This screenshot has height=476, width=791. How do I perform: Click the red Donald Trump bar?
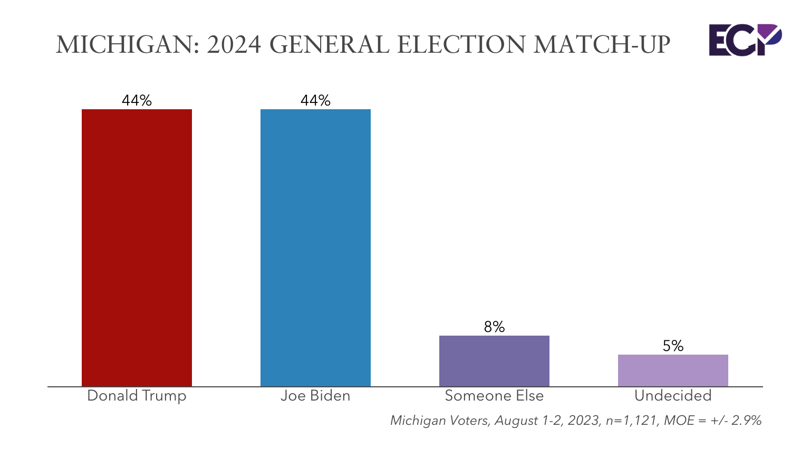click(x=137, y=247)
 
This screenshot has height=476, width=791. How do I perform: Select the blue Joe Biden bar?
click(x=315, y=247)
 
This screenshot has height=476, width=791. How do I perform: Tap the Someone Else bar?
click(x=494, y=361)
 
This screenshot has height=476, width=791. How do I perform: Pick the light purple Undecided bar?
click(x=673, y=370)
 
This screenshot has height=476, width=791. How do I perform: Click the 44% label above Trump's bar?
click(x=137, y=100)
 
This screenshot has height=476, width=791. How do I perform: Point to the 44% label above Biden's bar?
click(x=315, y=100)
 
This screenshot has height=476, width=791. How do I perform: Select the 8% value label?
click(x=494, y=327)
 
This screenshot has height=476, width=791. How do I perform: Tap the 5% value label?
click(x=673, y=346)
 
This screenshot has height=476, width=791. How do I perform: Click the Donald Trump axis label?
click(x=137, y=396)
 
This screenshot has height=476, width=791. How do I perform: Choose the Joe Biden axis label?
click(x=315, y=396)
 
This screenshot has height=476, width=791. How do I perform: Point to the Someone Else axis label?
click(x=494, y=396)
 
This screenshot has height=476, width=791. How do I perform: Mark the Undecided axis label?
click(x=673, y=396)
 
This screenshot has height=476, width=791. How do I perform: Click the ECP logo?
click(x=744, y=40)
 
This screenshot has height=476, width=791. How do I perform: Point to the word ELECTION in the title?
click(x=461, y=45)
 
